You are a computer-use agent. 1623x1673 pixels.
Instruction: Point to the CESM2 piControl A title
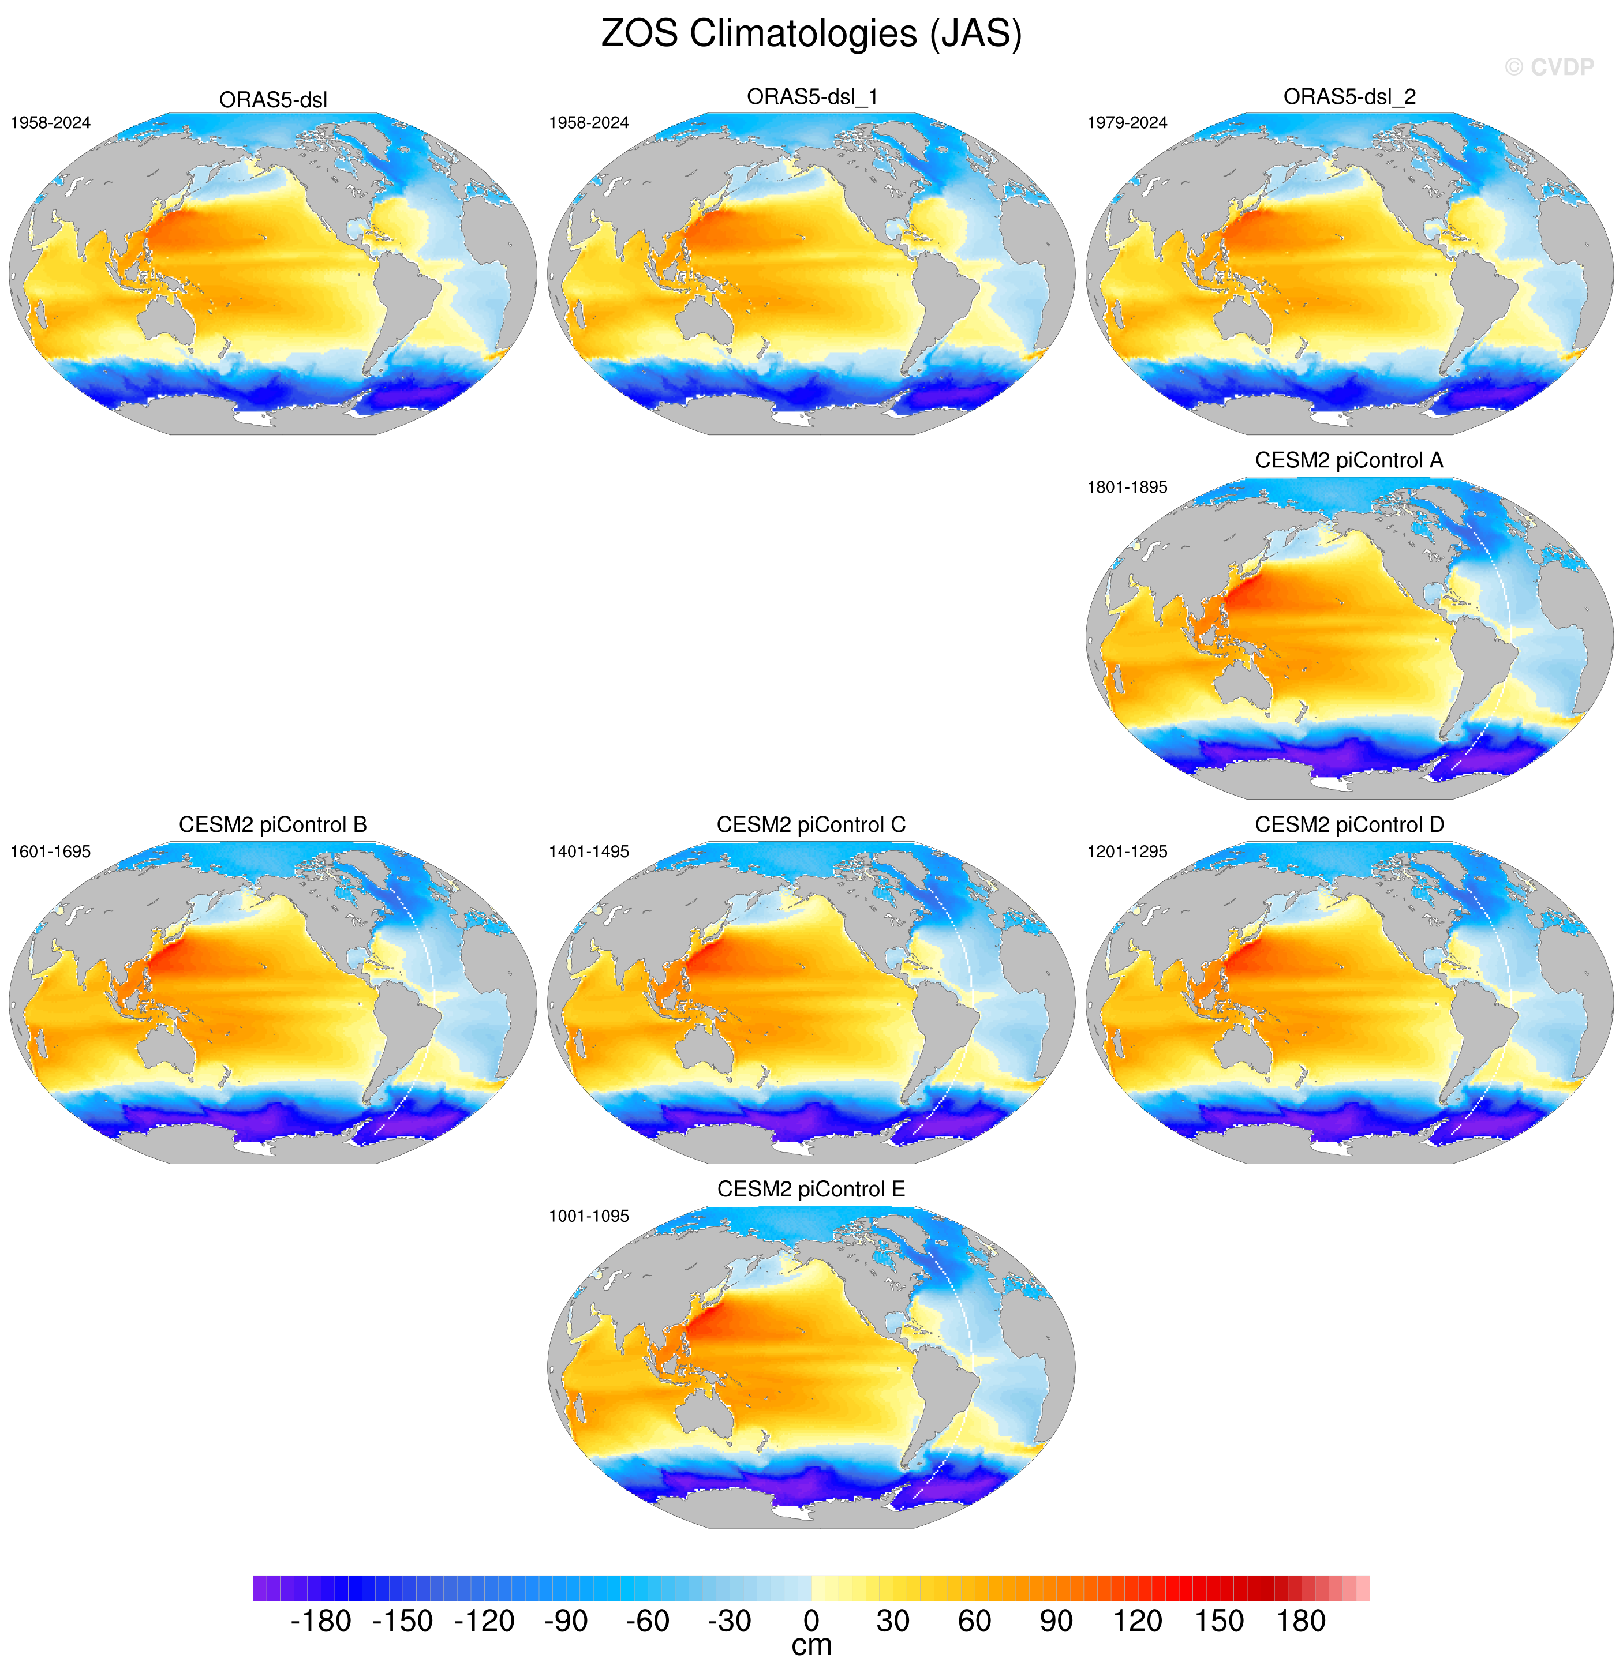tap(1349, 461)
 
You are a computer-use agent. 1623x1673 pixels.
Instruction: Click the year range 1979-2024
tap(1127, 123)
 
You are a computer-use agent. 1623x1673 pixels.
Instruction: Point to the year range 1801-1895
tap(1127, 487)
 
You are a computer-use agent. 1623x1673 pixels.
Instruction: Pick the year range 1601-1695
tap(50, 852)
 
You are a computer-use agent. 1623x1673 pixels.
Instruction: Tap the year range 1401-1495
tap(589, 852)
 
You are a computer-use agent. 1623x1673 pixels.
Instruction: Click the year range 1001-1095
tap(589, 1216)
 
